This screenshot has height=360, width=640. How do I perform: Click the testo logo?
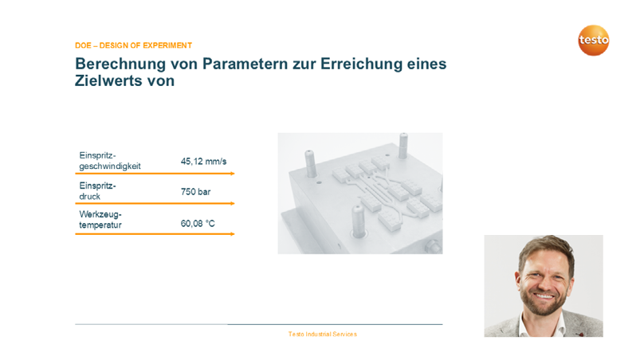[x=593, y=41]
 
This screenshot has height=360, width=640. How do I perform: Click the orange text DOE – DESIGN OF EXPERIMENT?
[x=133, y=45]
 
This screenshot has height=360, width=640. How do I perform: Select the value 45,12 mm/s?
[x=203, y=161]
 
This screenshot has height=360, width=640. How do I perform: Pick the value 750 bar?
[x=195, y=192]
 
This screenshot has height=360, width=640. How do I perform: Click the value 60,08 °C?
[x=198, y=224]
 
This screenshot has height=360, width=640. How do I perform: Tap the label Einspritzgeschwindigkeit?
[x=109, y=160]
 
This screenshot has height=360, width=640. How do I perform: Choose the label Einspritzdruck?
[x=97, y=191]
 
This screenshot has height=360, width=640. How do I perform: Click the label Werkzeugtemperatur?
[x=100, y=221]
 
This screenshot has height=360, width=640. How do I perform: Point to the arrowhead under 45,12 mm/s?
[x=233, y=173]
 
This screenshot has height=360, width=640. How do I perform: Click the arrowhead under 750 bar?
[x=233, y=203]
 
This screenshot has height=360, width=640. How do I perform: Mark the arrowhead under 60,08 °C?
[x=233, y=233]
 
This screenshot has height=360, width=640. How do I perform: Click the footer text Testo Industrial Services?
[x=323, y=334]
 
